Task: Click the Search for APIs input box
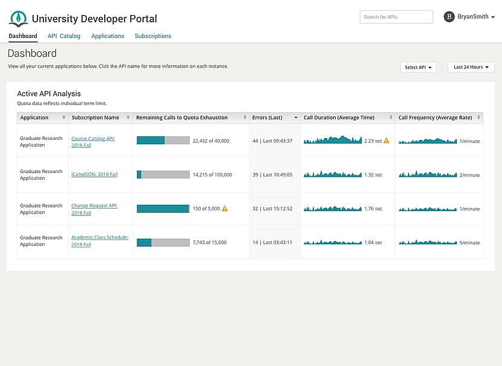pos(396,17)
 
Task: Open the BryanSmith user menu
pos(469,17)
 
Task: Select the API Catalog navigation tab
pos(64,36)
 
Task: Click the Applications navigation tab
pos(107,36)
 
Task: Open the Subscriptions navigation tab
pos(152,36)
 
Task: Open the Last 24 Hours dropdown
pos(471,68)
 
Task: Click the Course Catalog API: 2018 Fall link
pos(93,142)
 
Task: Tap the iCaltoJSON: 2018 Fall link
pos(94,175)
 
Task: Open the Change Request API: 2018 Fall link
pos(94,209)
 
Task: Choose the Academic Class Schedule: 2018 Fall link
pos(99,241)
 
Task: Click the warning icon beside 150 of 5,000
pos(225,209)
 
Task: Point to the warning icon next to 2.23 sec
pos(386,140)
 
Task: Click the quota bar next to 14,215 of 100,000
pos(163,175)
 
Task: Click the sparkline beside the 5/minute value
pos(427,242)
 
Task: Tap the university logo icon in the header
pos(18,19)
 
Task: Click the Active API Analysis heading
pos(49,93)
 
